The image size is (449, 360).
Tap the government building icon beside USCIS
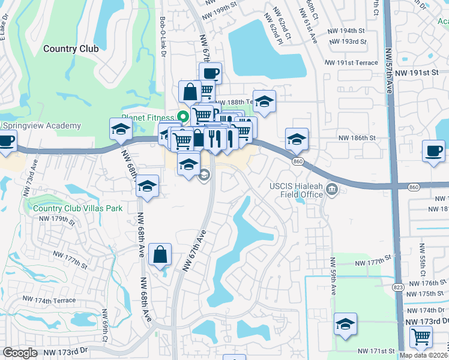click(332, 191)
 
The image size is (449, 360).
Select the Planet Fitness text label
click(147, 118)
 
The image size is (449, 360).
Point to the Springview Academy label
click(42, 125)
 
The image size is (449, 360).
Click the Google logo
click(20, 353)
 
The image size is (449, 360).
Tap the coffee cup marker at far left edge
click(6, 142)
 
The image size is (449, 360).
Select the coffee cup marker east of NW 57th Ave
click(433, 151)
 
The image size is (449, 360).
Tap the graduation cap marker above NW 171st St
click(346, 324)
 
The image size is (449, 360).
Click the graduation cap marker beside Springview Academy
click(121, 128)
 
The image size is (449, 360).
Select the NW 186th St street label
click(356, 137)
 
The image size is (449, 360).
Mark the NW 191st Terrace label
click(352, 62)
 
